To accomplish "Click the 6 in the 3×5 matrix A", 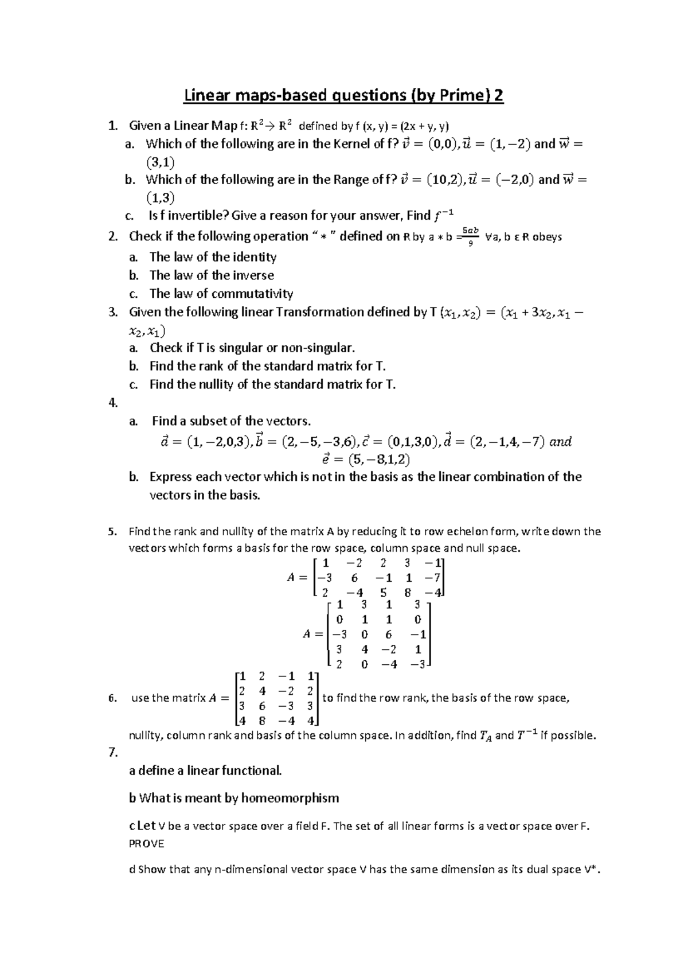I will [x=355, y=578].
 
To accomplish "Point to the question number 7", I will [x=113, y=752].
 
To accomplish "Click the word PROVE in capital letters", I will [x=147, y=843].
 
